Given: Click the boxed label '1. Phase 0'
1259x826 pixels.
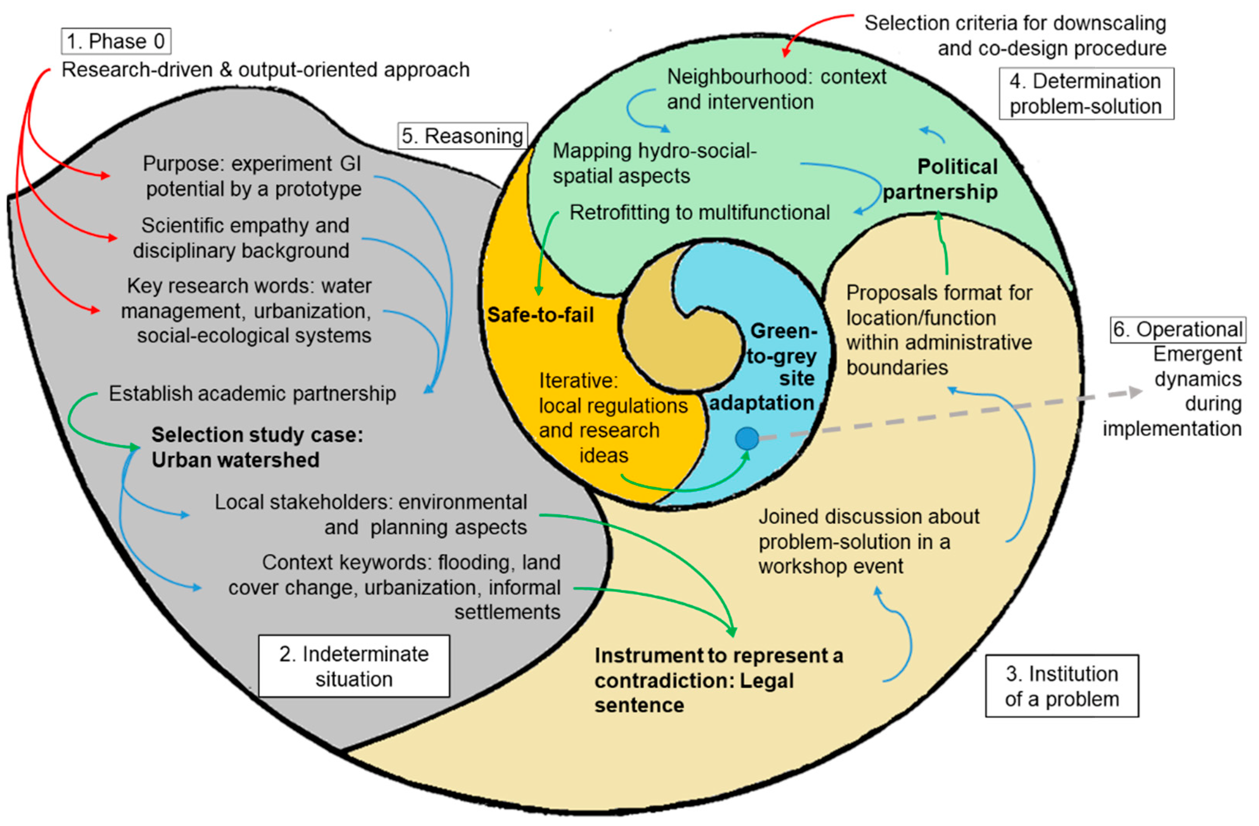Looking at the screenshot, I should click(x=116, y=41).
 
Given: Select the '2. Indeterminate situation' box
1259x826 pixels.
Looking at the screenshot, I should click(x=354, y=666).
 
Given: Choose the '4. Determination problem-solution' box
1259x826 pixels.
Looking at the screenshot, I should click(x=1086, y=93).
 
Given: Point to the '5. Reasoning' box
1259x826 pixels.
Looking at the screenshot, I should click(x=462, y=136).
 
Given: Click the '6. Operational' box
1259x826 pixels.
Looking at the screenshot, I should click(x=1177, y=329).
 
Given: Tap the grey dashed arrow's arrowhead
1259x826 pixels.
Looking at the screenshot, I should click(x=1135, y=392).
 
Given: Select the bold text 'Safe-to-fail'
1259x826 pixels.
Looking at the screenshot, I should click(x=540, y=315).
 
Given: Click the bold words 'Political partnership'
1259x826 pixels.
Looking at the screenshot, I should click(x=940, y=179).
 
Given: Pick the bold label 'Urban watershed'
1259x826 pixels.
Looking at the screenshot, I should click(x=236, y=460).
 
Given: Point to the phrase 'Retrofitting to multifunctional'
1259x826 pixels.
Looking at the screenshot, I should click(x=699, y=213).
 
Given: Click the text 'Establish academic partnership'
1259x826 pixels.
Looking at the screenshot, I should click(x=252, y=394).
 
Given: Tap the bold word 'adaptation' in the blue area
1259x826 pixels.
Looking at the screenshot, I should click(x=761, y=403).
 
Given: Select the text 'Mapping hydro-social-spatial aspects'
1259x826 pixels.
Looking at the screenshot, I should click(x=654, y=163).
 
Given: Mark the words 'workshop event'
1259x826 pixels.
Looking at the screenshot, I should click(x=831, y=566).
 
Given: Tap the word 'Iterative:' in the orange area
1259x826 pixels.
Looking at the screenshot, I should click(x=578, y=380).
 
